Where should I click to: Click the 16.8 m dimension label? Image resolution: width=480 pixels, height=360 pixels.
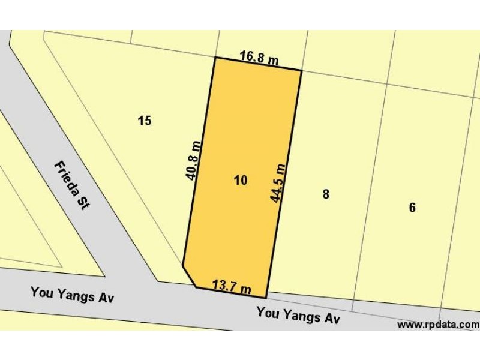pos(259,58)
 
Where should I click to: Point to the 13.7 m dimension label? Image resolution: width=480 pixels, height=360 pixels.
pos(232,287)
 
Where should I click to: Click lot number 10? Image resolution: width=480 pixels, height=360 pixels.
pos(241,180)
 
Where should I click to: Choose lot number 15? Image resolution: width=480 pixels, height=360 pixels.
pos(144,121)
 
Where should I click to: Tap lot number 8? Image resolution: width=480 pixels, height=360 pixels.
pos(326,194)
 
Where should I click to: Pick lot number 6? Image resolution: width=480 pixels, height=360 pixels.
pos(412,208)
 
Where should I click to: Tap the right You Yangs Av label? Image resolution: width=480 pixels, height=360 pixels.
pos(298,315)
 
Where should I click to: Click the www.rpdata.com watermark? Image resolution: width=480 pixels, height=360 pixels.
pos(438,325)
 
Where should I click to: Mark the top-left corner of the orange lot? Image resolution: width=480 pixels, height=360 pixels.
pos(215,58)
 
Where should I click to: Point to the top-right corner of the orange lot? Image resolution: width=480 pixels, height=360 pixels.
pos(301,70)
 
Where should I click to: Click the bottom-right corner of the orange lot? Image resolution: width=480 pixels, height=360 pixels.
pos(266,298)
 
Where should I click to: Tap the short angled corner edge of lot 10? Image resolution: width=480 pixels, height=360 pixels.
pos(189,276)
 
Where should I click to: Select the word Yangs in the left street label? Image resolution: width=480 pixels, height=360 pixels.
pos(73,295)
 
